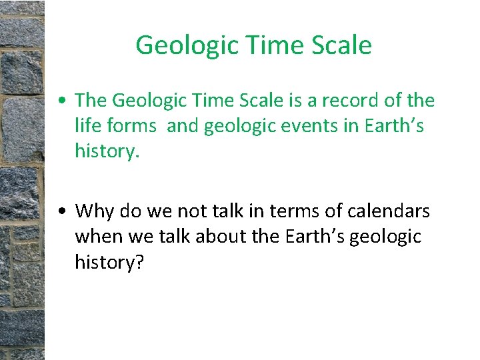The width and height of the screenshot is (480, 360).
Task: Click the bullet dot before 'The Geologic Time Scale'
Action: [61, 101]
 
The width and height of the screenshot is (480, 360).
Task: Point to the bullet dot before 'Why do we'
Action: [61, 212]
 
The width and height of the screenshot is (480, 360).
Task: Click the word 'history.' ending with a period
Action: [107, 151]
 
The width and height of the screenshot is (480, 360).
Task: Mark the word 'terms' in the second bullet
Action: [287, 211]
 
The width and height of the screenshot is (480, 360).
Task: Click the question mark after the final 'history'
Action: [140, 262]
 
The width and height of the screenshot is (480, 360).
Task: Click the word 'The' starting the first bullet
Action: [91, 101]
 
